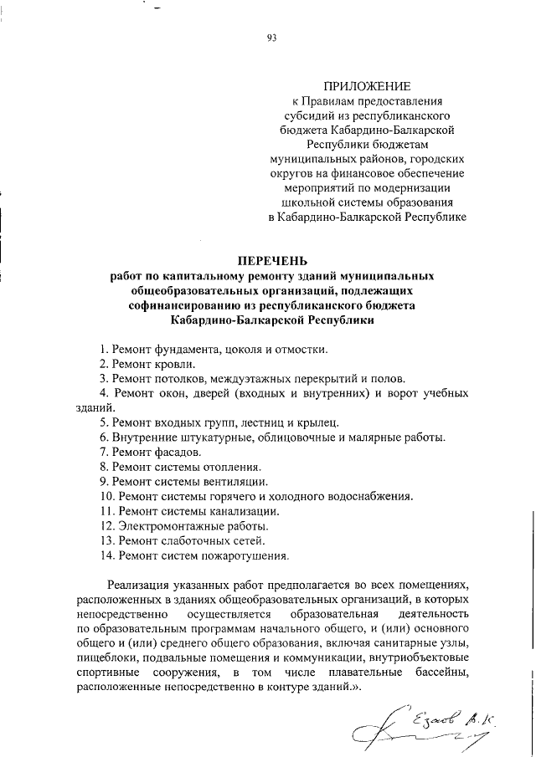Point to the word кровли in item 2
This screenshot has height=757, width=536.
click(177, 364)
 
